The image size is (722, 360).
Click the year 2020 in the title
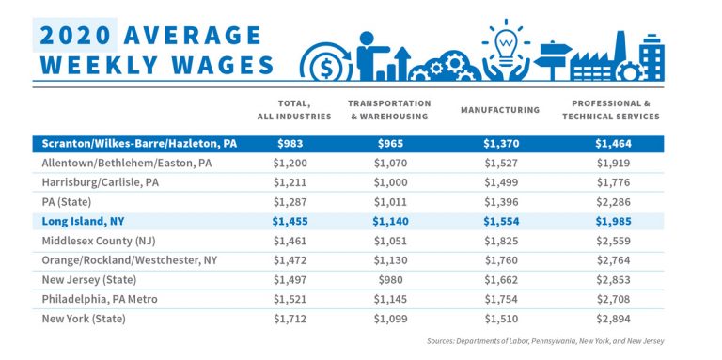coord(74,35)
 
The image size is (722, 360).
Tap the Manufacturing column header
coord(500,110)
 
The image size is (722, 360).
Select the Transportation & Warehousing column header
coord(389,109)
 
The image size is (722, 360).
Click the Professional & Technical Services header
coord(616,109)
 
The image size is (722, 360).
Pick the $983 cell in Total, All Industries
coord(294,145)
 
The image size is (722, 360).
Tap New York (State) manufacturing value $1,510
coord(500,320)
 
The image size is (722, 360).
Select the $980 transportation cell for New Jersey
coord(389,279)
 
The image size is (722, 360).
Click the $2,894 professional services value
coord(616,320)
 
